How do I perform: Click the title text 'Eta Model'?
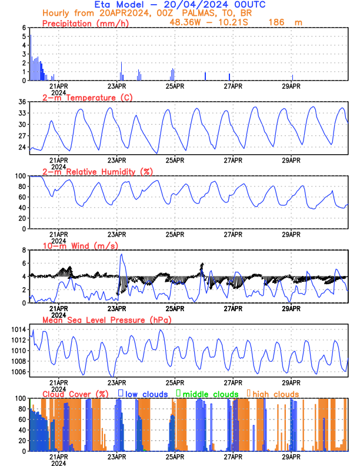point(119,5)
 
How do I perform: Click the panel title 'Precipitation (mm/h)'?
point(85,24)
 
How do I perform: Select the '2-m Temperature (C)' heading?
point(88,98)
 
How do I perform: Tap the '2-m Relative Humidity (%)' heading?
point(98,172)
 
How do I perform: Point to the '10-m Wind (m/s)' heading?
point(81,246)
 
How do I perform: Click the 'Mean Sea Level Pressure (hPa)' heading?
point(107,320)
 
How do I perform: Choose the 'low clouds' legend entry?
point(146,394)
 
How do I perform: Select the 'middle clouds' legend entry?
point(211,394)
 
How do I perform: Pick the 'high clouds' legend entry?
point(276,394)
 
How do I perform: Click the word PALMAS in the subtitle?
point(196,14)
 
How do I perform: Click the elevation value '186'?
point(276,22)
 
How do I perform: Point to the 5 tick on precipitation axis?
point(24,36)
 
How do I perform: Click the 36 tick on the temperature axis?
point(22,102)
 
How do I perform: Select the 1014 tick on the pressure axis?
point(19,329)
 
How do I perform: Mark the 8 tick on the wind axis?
point(24,250)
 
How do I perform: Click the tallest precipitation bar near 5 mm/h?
point(31,58)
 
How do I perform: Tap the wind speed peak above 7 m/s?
point(121,254)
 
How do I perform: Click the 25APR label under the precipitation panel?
point(175,86)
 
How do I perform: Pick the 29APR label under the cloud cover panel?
point(291,457)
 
